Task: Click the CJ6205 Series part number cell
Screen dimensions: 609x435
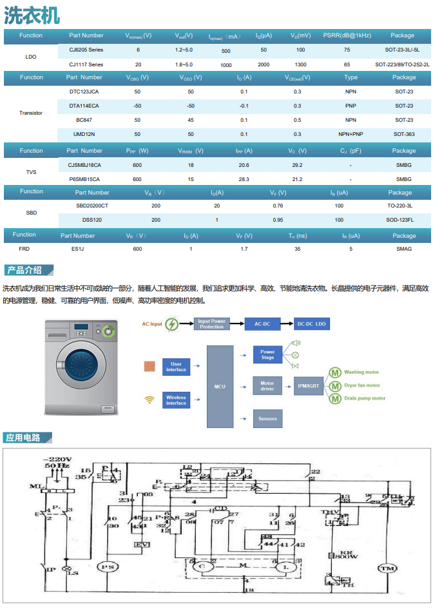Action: click(x=86, y=50)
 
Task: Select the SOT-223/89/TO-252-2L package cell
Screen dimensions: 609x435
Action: click(x=402, y=64)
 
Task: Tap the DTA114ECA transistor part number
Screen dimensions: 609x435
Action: click(x=84, y=106)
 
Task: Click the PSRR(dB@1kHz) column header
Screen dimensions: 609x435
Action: click(x=347, y=35)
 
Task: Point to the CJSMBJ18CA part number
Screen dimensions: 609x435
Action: click(x=84, y=165)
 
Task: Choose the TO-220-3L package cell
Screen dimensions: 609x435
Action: click(x=400, y=206)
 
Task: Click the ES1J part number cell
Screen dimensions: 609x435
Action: click(x=77, y=249)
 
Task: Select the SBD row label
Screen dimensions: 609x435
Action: click(x=31, y=212)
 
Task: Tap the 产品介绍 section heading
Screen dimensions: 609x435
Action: click(x=24, y=270)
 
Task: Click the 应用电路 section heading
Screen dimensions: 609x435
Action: click(x=24, y=438)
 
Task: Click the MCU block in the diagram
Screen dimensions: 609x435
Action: click(x=220, y=386)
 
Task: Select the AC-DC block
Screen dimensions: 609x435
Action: click(x=262, y=324)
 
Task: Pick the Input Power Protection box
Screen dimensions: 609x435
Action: click(x=211, y=324)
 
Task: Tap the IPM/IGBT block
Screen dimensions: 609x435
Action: click(x=308, y=386)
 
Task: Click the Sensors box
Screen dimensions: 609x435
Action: click(x=267, y=418)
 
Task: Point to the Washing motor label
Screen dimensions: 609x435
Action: click(x=362, y=372)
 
